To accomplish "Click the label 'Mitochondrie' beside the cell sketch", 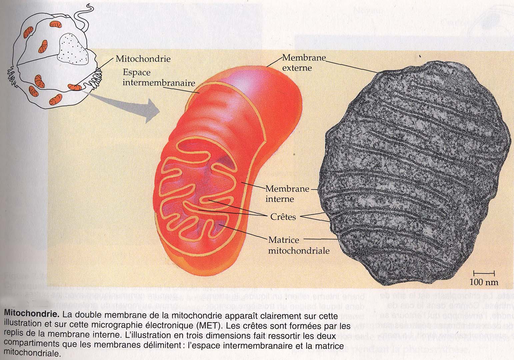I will pyautogui.click(x=143, y=59).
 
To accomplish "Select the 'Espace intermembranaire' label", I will pyautogui.click(x=158, y=77).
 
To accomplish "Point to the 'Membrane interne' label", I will pyautogui.click(x=287, y=194).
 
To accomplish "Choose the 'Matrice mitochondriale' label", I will pyautogui.click(x=299, y=245).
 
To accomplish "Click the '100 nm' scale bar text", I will pyautogui.click(x=484, y=282).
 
